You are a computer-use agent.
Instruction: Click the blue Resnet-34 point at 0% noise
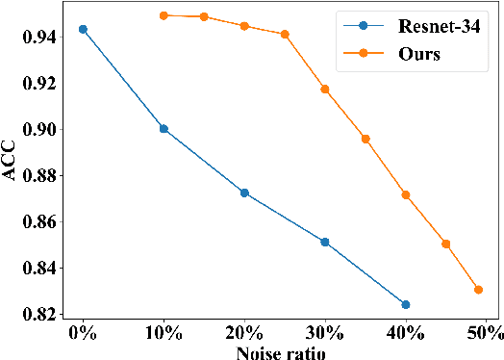(83, 29)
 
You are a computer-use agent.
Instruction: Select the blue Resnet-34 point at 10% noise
(164, 128)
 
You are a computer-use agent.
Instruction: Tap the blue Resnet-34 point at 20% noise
(244, 193)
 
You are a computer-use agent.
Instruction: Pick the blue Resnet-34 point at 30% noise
(325, 242)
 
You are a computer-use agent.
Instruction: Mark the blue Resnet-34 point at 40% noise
(405, 304)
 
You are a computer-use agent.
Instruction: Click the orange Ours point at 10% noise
(164, 15)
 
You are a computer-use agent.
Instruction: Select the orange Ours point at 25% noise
(285, 35)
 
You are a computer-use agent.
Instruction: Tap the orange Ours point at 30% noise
(325, 89)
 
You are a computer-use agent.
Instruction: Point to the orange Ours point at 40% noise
(405, 194)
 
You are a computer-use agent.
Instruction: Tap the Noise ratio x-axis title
(280, 352)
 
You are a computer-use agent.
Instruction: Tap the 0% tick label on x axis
(83, 333)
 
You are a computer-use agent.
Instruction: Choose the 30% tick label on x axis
(325, 333)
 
